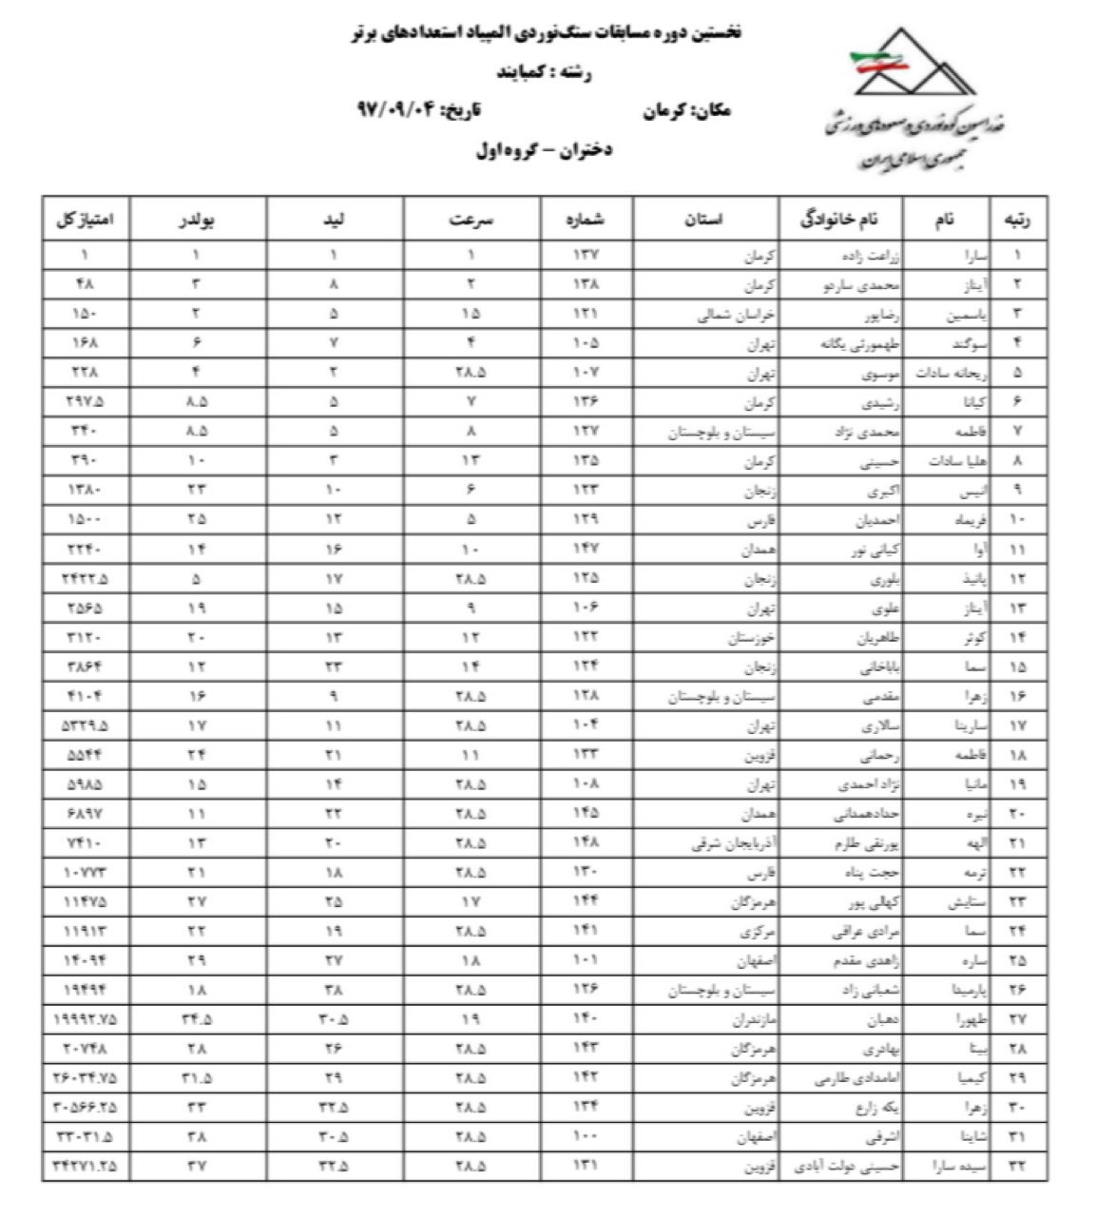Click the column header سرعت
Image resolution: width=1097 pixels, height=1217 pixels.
coord(472,220)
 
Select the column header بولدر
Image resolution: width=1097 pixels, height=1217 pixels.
coord(199,220)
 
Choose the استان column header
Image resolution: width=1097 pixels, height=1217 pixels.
coord(704,220)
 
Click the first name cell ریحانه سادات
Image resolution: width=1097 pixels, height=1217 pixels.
coord(943,373)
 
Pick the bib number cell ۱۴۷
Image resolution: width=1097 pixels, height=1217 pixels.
coord(586,550)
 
